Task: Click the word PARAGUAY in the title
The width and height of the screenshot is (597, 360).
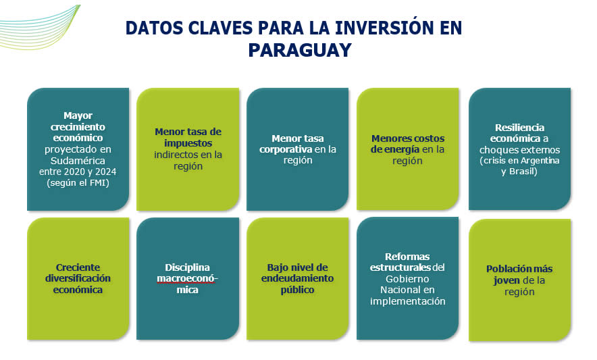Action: click(x=300, y=50)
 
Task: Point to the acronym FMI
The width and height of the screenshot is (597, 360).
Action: click(x=98, y=183)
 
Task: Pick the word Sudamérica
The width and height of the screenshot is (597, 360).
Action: click(x=78, y=160)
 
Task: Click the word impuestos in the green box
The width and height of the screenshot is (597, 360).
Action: click(x=188, y=143)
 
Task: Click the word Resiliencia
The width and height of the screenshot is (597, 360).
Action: click(x=519, y=127)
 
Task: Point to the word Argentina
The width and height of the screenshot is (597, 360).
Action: click(x=540, y=161)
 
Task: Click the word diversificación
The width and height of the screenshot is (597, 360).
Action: click(x=78, y=278)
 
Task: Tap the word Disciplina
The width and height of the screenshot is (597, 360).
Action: click(x=187, y=267)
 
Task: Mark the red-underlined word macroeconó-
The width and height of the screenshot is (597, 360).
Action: click(x=187, y=278)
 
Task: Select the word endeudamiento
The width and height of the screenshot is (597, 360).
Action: click(x=297, y=278)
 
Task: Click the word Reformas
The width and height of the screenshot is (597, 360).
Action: click(x=407, y=257)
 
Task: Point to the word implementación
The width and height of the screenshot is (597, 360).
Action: click(x=407, y=301)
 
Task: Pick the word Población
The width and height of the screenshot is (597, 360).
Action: click(x=506, y=269)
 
